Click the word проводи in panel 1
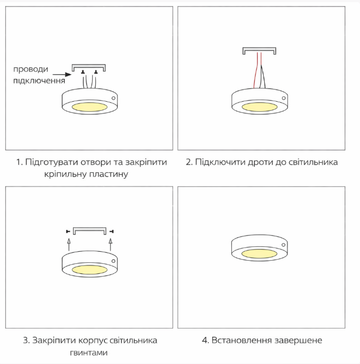coord(31,69)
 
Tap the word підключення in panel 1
coord(39,81)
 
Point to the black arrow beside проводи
coord(62,75)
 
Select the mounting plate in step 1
coord(88,67)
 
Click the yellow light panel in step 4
coord(259,253)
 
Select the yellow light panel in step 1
coord(89,107)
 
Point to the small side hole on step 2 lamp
coord(284,98)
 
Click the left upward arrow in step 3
coord(69,244)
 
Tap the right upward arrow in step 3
coord(111,244)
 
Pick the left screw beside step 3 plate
coord(68,231)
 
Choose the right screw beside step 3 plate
coord(112,231)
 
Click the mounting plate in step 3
coord(89,230)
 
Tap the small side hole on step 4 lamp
coord(283,245)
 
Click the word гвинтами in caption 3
coord(88,353)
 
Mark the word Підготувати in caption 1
coord(51,162)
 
